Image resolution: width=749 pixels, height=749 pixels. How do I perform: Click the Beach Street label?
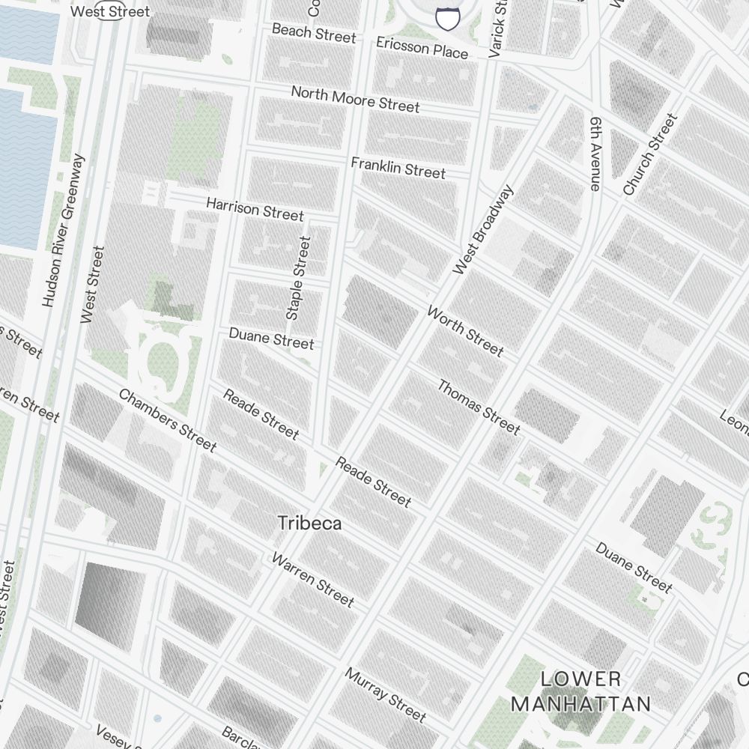[x=314, y=33]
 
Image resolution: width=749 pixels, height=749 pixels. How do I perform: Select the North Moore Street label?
[x=355, y=99]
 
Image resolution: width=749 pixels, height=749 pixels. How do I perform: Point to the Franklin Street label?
[x=398, y=167]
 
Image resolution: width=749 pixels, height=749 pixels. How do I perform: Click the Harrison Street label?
[x=255, y=209]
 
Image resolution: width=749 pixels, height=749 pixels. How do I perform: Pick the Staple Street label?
[x=298, y=278]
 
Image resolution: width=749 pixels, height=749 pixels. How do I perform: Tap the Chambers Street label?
[x=167, y=420]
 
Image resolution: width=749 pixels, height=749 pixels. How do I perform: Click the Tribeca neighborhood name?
[x=309, y=523]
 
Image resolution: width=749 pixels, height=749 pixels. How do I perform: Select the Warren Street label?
[x=312, y=579]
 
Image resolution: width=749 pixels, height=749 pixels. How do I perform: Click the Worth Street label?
[x=465, y=330]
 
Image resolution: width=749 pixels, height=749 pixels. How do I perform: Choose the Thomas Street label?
[x=479, y=407]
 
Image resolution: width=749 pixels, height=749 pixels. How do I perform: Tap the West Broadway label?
[x=484, y=229]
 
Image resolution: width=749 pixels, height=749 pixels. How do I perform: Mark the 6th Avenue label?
[x=596, y=154]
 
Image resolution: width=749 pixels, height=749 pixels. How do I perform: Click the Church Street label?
[x=649, y=154]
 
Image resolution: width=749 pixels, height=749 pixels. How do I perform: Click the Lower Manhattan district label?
[x=580, y=691]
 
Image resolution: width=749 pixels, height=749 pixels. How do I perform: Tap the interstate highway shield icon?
[x=447, y=19]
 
